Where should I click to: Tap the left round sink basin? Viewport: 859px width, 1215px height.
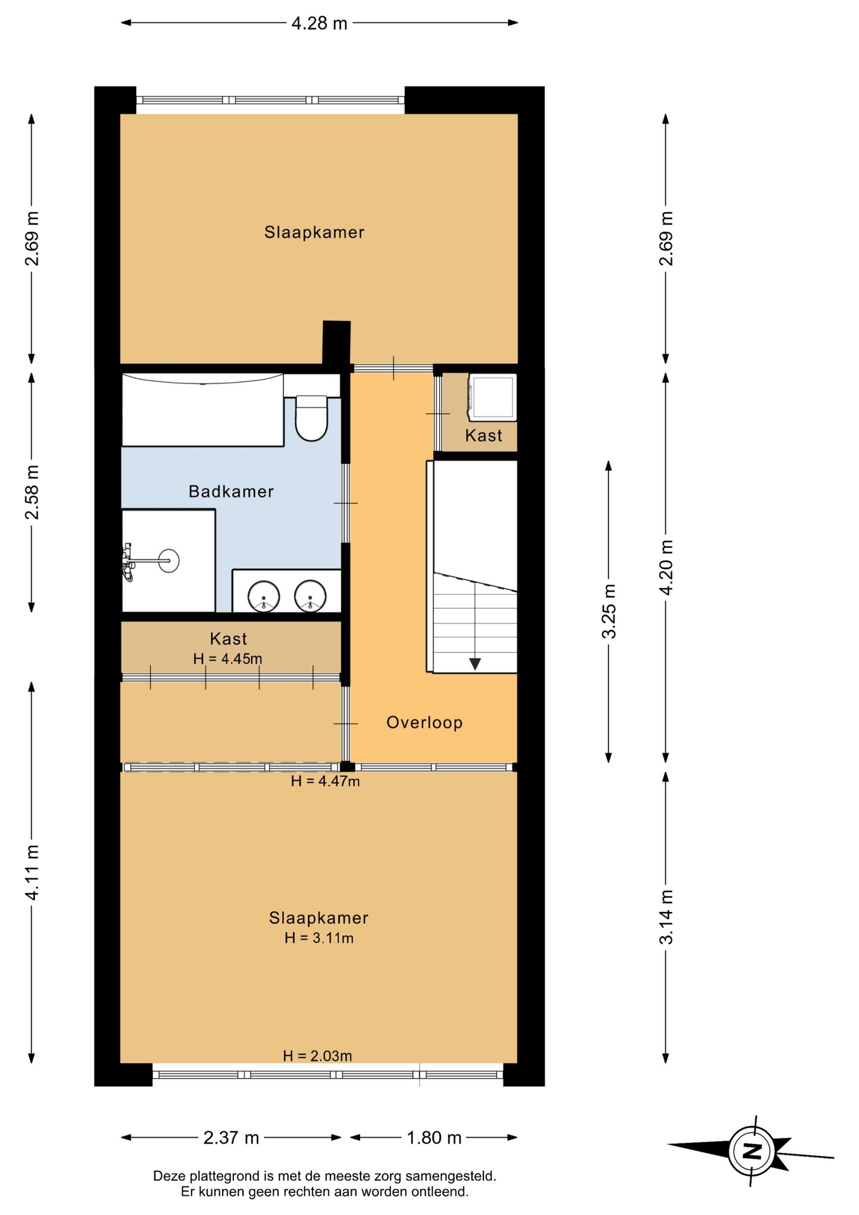(x=263, y=596)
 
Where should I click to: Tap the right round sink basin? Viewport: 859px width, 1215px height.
(x=310, y=596)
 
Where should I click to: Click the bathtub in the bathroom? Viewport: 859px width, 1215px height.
(x=202, y=410)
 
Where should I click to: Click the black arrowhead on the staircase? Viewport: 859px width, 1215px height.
(x=474, y=664)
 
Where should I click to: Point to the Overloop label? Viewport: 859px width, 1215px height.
(x=424, y=723)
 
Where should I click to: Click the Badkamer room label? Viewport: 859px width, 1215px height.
(x=231, y=492)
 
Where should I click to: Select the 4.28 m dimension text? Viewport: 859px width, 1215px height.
(x=319, y=23)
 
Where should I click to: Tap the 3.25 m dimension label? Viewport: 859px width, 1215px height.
(x=609, y=611)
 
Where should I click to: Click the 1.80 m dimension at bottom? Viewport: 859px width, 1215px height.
(x=434, y=1138)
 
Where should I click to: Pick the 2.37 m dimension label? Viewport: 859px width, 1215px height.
(x=231, y=1138)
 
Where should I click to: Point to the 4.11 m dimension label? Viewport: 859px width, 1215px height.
(x=32, y=872)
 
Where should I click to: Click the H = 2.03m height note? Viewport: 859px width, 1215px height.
(x=318, y=1056)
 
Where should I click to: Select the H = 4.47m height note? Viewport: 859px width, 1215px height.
(x=325, y=782)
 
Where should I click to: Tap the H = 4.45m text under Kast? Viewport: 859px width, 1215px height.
(x=228, y=659)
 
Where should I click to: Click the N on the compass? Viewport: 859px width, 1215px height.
(x=751, y=1151)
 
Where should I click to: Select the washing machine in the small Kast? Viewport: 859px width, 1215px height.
(x=492, y=397)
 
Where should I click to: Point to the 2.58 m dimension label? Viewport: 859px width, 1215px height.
(x=32, y=492)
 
